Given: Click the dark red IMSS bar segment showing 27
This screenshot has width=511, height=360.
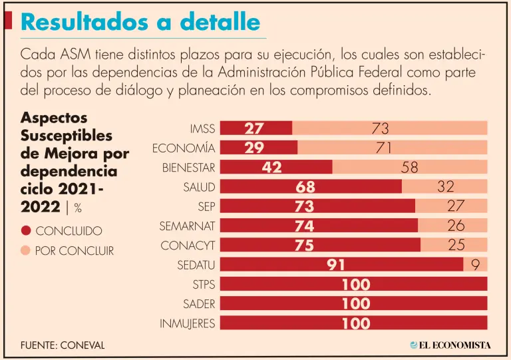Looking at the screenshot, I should pos(255,128).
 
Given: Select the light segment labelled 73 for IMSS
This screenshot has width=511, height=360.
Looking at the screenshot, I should pos(389,128).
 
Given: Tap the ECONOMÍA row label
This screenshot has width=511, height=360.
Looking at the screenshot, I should pos(184,148).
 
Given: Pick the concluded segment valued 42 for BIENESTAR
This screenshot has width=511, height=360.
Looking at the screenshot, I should pos(275,167).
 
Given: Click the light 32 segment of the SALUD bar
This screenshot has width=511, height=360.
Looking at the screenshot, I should pos(444,187).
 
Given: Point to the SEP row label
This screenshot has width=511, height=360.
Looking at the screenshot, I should pos(206,206).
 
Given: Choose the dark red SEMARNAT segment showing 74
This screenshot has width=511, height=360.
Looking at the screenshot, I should pos(318,226).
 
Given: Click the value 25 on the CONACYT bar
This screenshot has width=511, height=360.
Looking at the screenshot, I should pos(456,245).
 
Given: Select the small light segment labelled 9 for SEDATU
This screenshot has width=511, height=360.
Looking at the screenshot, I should pos(475,265).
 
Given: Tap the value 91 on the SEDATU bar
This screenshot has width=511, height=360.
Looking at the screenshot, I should pos(336,265).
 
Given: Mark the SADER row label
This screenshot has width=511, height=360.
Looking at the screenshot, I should pos(199,304).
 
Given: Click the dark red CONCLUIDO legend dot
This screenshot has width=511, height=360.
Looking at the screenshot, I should pos(26,231).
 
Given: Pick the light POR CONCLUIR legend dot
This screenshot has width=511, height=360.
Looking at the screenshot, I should pos(26,251).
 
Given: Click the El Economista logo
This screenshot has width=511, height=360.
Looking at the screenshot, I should pos(450,345).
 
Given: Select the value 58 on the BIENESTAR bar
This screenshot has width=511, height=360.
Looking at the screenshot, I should pos(409,168).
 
